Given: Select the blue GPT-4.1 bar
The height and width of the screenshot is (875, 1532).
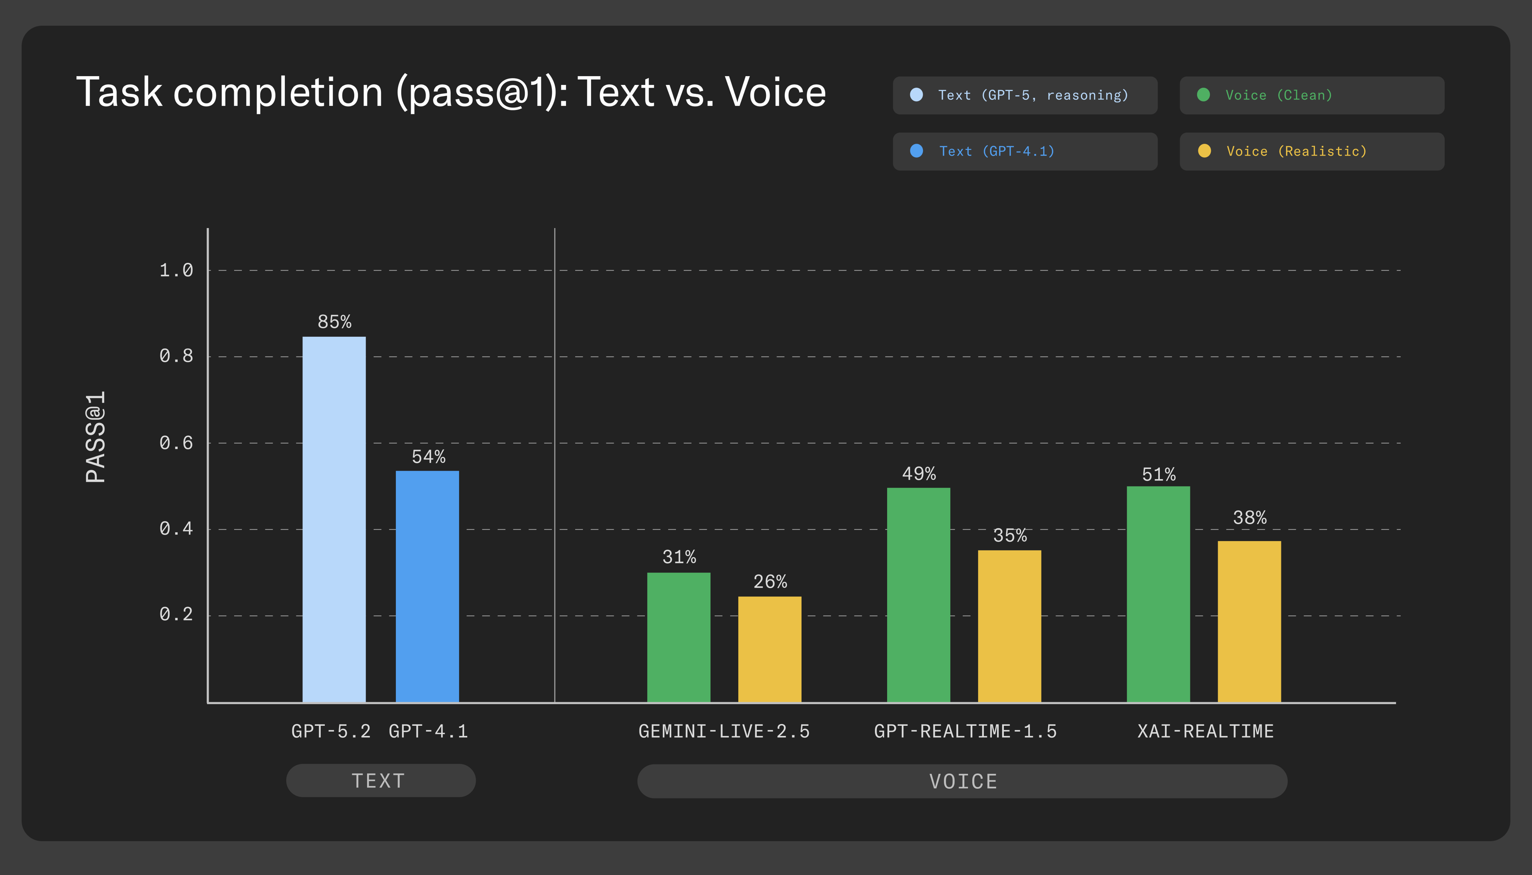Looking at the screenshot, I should point(427,586).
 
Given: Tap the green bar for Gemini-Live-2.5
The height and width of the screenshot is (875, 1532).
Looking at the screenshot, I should point(678,637).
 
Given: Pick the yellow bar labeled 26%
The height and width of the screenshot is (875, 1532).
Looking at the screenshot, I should point(769,649).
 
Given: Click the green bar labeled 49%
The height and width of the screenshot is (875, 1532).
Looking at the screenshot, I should point(918,595).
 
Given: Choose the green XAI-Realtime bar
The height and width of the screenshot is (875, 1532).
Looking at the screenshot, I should point(1158,594).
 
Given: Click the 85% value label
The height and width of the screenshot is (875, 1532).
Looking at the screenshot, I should point(334,322).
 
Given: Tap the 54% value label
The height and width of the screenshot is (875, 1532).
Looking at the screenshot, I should point(428,457).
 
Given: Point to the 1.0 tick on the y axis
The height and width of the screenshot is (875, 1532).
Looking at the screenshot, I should point(176,271).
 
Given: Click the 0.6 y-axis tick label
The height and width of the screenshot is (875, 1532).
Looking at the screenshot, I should point(176,443).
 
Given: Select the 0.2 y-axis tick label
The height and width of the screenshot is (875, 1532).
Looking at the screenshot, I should point(176,614).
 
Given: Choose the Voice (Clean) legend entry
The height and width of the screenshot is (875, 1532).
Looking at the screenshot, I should point(1311,95).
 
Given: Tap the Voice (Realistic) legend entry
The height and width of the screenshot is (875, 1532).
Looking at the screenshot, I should point(1311,152).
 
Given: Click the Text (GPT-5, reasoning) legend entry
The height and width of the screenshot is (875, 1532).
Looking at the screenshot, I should point(1025,95).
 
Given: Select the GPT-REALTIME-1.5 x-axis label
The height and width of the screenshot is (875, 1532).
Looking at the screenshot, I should point(965,731).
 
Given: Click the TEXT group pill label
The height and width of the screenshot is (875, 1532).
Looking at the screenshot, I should point(380,781).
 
